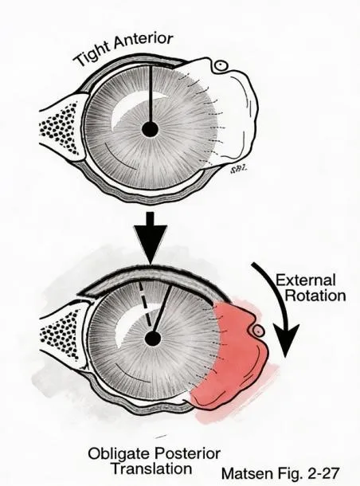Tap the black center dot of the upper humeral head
click(x=151, y=129)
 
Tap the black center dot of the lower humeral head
click(x=153, y=339)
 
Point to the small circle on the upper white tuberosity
click(x=221, y=65)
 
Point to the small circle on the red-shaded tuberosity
click(x=258, y=331)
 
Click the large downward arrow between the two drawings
click(x=151, y=238)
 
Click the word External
click(x=306, y=280)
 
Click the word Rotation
click(x=315, y=296)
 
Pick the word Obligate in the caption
click(x=119, y=454)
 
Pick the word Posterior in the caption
click(x=188, y=454)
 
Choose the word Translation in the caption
click(x=152, y=468)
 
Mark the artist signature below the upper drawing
click(x=240, y=169)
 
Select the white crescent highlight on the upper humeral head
click(x=130, y=108)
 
